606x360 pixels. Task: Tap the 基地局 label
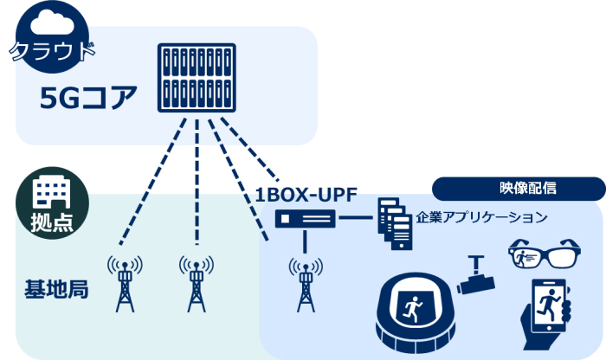tap(56, 289)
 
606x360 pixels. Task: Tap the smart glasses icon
tap(538, 254)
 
